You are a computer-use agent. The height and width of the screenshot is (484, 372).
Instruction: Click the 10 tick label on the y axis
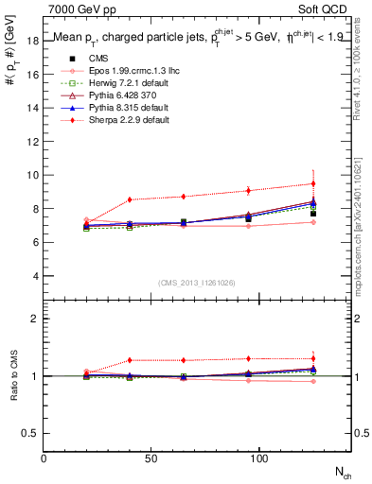(32, 175)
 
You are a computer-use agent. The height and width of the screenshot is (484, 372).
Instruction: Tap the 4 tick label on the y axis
(35, 276)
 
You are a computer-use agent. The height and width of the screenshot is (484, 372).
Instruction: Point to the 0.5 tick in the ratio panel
(30, 433)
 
